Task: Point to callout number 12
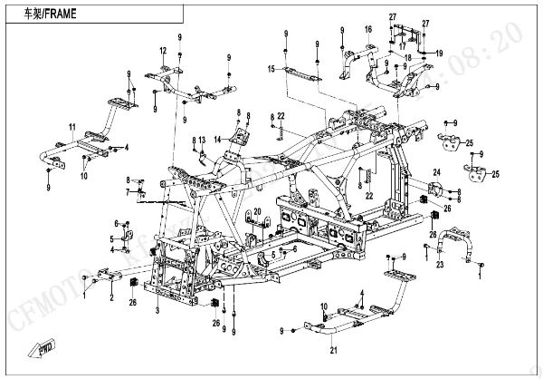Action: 163,50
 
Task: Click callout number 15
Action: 271,69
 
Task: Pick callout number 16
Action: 368,30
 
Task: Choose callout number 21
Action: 334,351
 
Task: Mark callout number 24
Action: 435,171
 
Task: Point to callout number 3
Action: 158,310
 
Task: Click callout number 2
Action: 110,296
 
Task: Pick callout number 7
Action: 127,193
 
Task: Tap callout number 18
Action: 408,57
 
